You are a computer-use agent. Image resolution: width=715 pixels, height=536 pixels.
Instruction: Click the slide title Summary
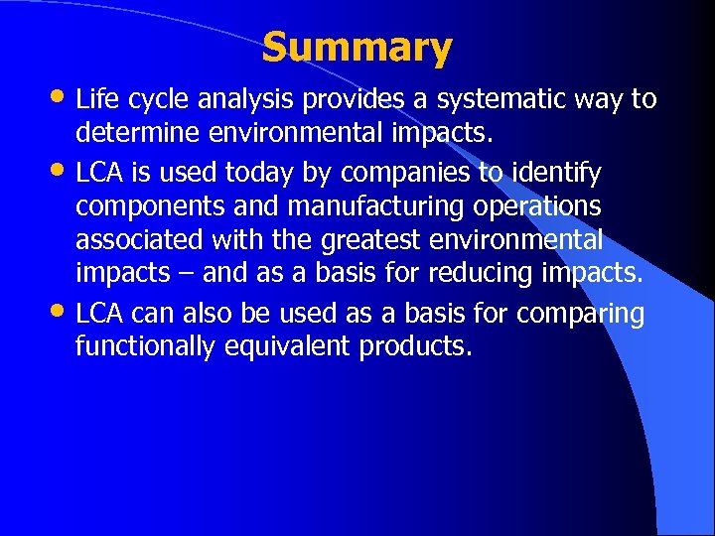click(357, 47)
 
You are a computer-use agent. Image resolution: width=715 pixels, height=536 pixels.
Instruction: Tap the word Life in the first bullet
click(96, 98)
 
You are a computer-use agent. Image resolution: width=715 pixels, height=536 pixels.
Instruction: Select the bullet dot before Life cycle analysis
click(59, 97)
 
